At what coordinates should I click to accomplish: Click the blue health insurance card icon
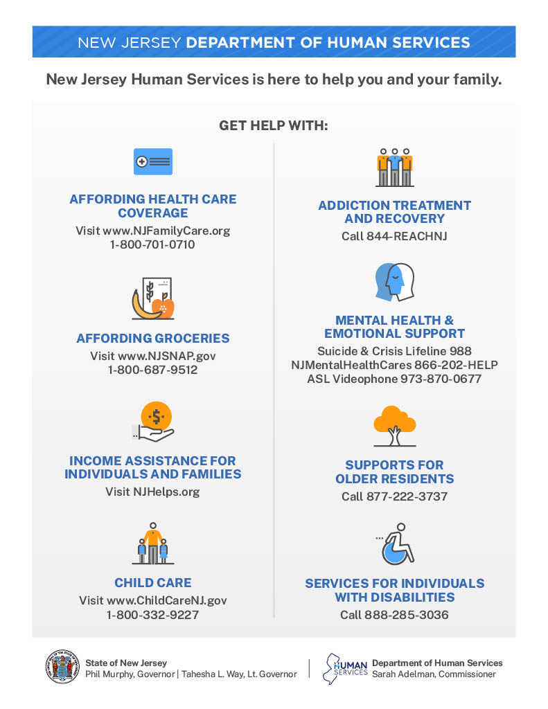(152, 161)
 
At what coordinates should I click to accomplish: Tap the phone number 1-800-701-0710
(152, 244)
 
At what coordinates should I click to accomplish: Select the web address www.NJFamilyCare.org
(167, 231)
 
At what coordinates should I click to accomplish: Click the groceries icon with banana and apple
(152, 299)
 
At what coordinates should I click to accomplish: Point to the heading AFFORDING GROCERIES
(152, 339)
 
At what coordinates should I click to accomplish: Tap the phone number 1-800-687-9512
(152, 370)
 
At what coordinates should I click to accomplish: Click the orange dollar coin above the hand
(156, 416)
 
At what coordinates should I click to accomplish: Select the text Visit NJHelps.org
(152, 492)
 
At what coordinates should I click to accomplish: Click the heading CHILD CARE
(152, 583)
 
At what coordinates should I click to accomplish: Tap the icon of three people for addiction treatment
(394, 167)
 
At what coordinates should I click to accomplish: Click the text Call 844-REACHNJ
(394, 236)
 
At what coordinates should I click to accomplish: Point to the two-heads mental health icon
(394, 282)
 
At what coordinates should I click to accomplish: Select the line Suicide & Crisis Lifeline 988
(394, 351)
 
